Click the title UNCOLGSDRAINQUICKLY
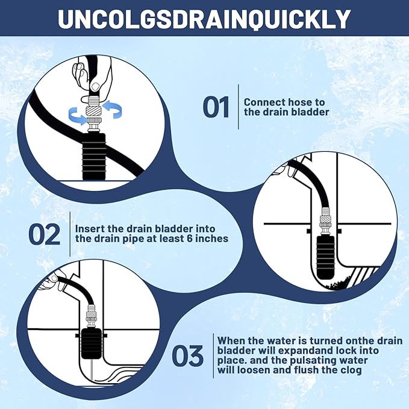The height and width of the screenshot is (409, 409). (204, 19)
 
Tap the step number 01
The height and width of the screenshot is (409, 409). (216, 107)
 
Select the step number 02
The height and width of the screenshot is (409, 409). (45, 234)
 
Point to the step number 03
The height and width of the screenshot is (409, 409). (187, 355)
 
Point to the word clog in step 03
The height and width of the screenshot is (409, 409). (352, 370)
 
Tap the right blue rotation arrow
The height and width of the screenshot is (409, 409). (112, 109)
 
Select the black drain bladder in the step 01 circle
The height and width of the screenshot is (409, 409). (94, 157)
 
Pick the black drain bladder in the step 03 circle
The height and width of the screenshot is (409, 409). (92, 343)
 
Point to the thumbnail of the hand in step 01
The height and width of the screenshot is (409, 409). (95, 86)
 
